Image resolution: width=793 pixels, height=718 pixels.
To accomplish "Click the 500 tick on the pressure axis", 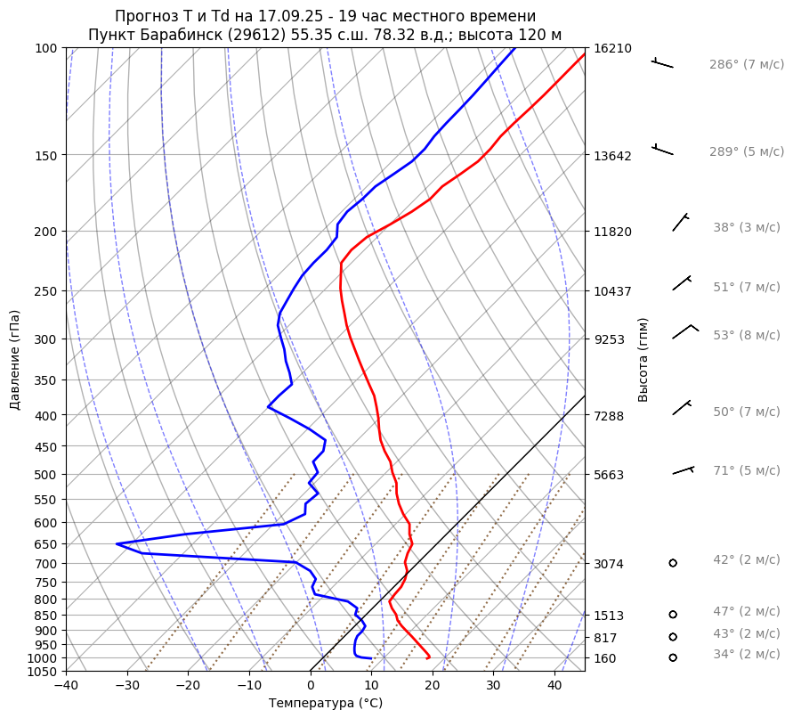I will pos(47,474).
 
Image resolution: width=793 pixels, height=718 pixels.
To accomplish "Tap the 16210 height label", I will pos(612,48).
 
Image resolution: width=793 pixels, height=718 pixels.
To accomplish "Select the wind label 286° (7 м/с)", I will pos(747,65).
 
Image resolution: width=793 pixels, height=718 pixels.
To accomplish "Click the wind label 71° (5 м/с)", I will pos(746,471).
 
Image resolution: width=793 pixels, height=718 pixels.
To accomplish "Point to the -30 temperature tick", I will pos(127,686).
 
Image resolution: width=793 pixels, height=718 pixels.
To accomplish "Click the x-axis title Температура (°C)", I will pos(326,704).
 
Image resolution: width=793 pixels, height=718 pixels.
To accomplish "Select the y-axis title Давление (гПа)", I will pos(15,360).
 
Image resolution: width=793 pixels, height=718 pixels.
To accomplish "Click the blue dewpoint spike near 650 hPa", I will pos(118,543).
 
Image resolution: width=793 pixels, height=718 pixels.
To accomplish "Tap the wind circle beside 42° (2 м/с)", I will pos(673,563).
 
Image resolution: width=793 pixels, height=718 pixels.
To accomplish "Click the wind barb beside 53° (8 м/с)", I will pos(684,331).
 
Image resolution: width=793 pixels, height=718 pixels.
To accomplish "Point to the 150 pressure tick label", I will pos(47,156).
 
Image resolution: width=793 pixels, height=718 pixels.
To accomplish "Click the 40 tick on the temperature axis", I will pos(554,686).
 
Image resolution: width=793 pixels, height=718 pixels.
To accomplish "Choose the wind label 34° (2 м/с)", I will pos(746,655).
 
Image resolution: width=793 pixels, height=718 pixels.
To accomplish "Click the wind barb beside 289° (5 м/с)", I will pos(662,149).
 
